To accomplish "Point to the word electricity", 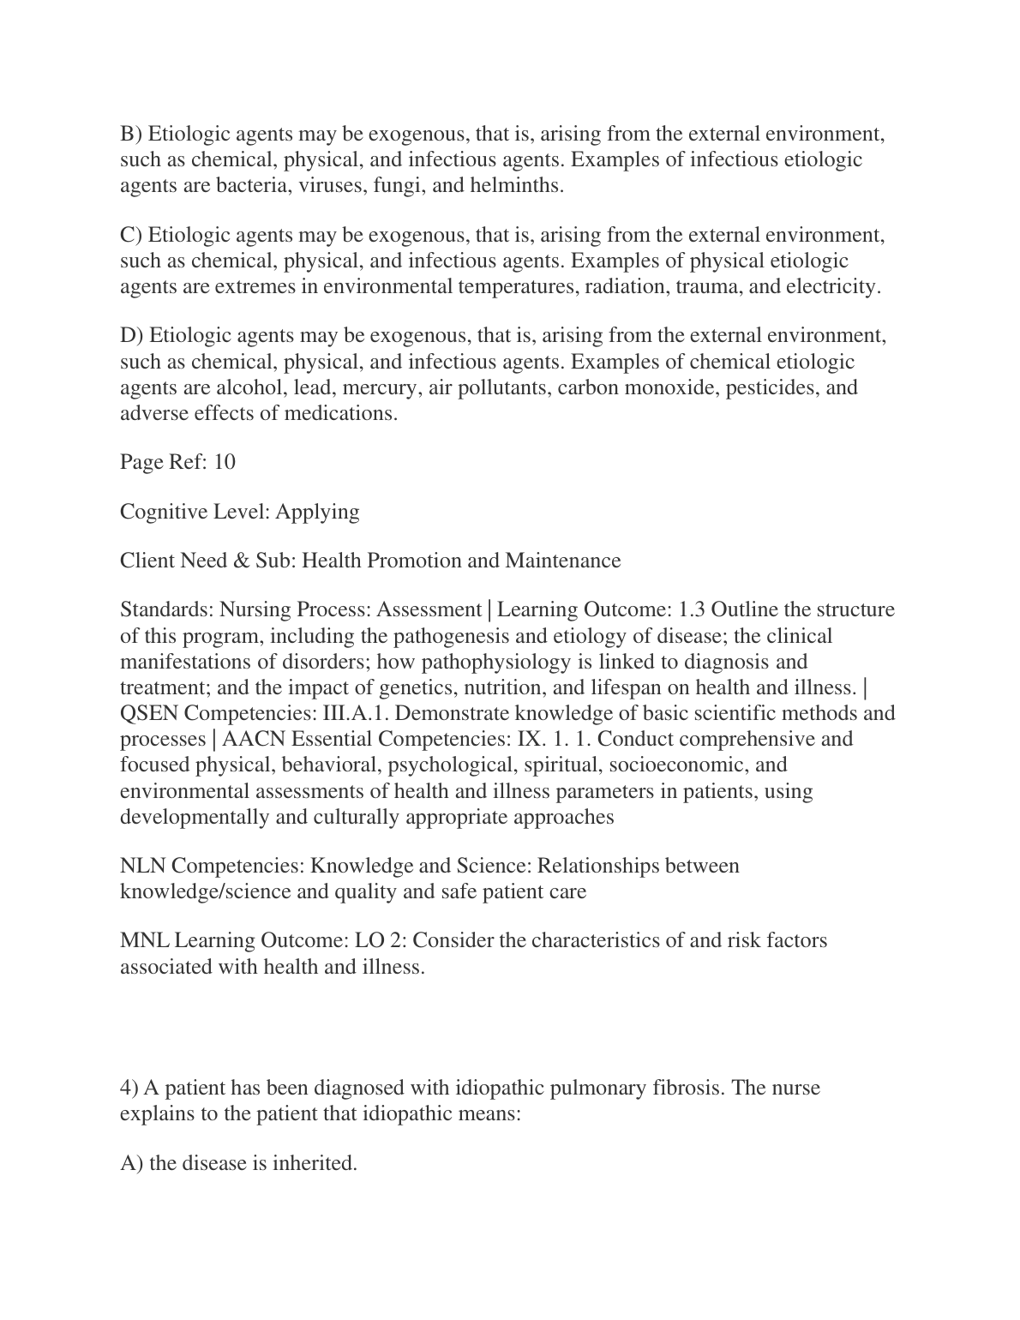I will click(833, 286).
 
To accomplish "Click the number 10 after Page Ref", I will click(225, 462).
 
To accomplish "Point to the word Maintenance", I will click(563, 561).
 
